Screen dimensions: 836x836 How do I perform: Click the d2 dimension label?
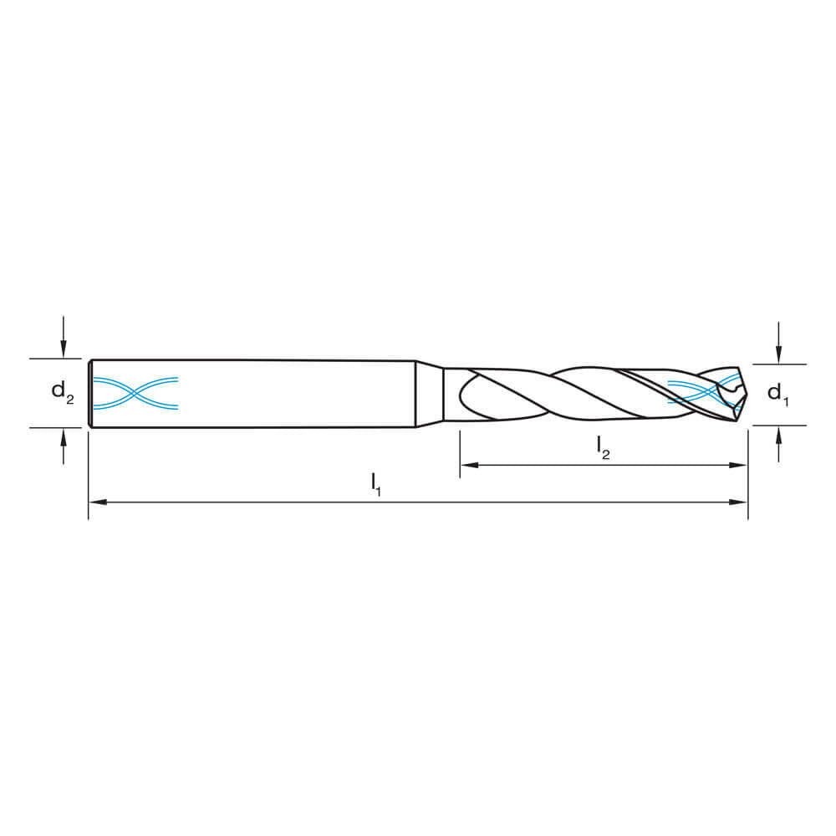tap(63, 391)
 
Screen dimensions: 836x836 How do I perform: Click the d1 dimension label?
tap(777, 393)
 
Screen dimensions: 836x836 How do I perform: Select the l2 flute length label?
tap(603, 447)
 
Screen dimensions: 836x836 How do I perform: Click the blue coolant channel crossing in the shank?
tap(135, 393)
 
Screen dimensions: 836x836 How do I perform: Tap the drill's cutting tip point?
tap(745, 393)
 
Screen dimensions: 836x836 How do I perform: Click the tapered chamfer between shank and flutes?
tap(429, 394)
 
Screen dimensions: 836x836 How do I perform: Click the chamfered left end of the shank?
tap(90, 393)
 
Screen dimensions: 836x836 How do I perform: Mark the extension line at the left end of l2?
tap(460, 456)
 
